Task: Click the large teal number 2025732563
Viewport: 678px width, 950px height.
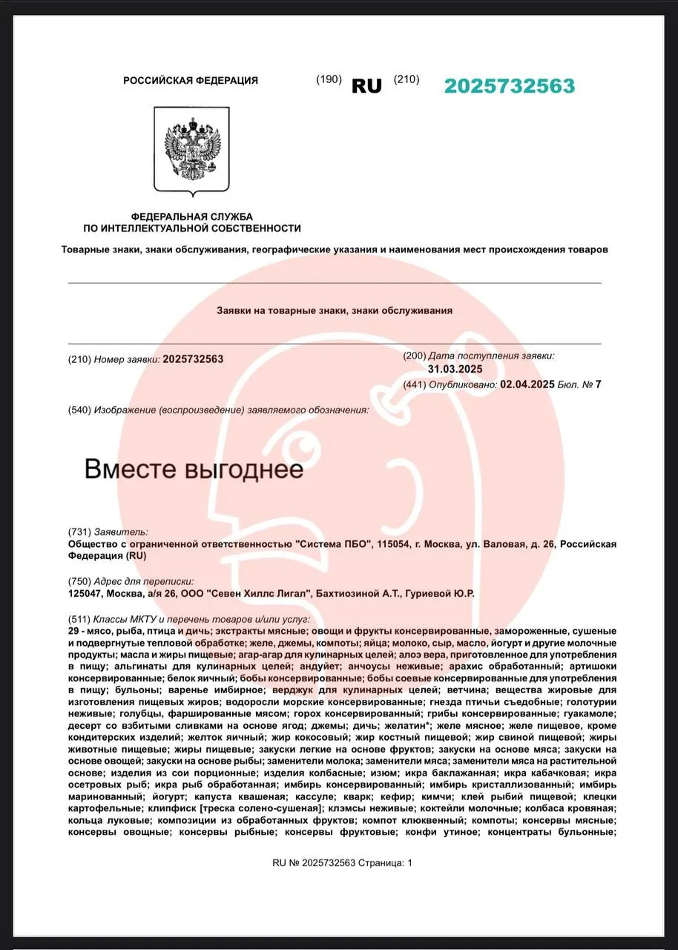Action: click(510, 86)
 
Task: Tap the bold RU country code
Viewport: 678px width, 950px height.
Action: click(366, 86)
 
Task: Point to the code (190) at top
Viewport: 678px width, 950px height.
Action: click(329, 79)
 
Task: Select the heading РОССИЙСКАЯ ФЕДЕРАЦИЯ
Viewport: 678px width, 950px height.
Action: click(191, 80)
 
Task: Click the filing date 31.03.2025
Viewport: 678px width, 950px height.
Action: click(455, 369)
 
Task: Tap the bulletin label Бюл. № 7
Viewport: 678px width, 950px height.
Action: click(580, 384)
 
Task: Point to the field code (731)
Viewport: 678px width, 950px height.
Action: click(79, 531)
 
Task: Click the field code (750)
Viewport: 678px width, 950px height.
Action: click(79, 581)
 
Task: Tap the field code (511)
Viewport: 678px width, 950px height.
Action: click(79, 619)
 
